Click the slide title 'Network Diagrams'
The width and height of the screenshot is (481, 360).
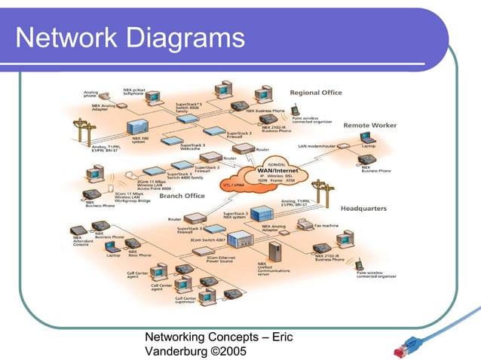tap(130, 38)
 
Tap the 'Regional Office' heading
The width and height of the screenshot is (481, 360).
tap(316, 93)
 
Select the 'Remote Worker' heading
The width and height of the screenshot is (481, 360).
tap(369, 125)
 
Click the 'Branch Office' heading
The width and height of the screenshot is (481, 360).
tap(182, 195)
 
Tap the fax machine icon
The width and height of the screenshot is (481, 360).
tap(304, 224)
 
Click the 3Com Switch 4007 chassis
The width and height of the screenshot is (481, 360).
tap(240, 239)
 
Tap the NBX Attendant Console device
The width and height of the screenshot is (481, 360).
tap(78, 230)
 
